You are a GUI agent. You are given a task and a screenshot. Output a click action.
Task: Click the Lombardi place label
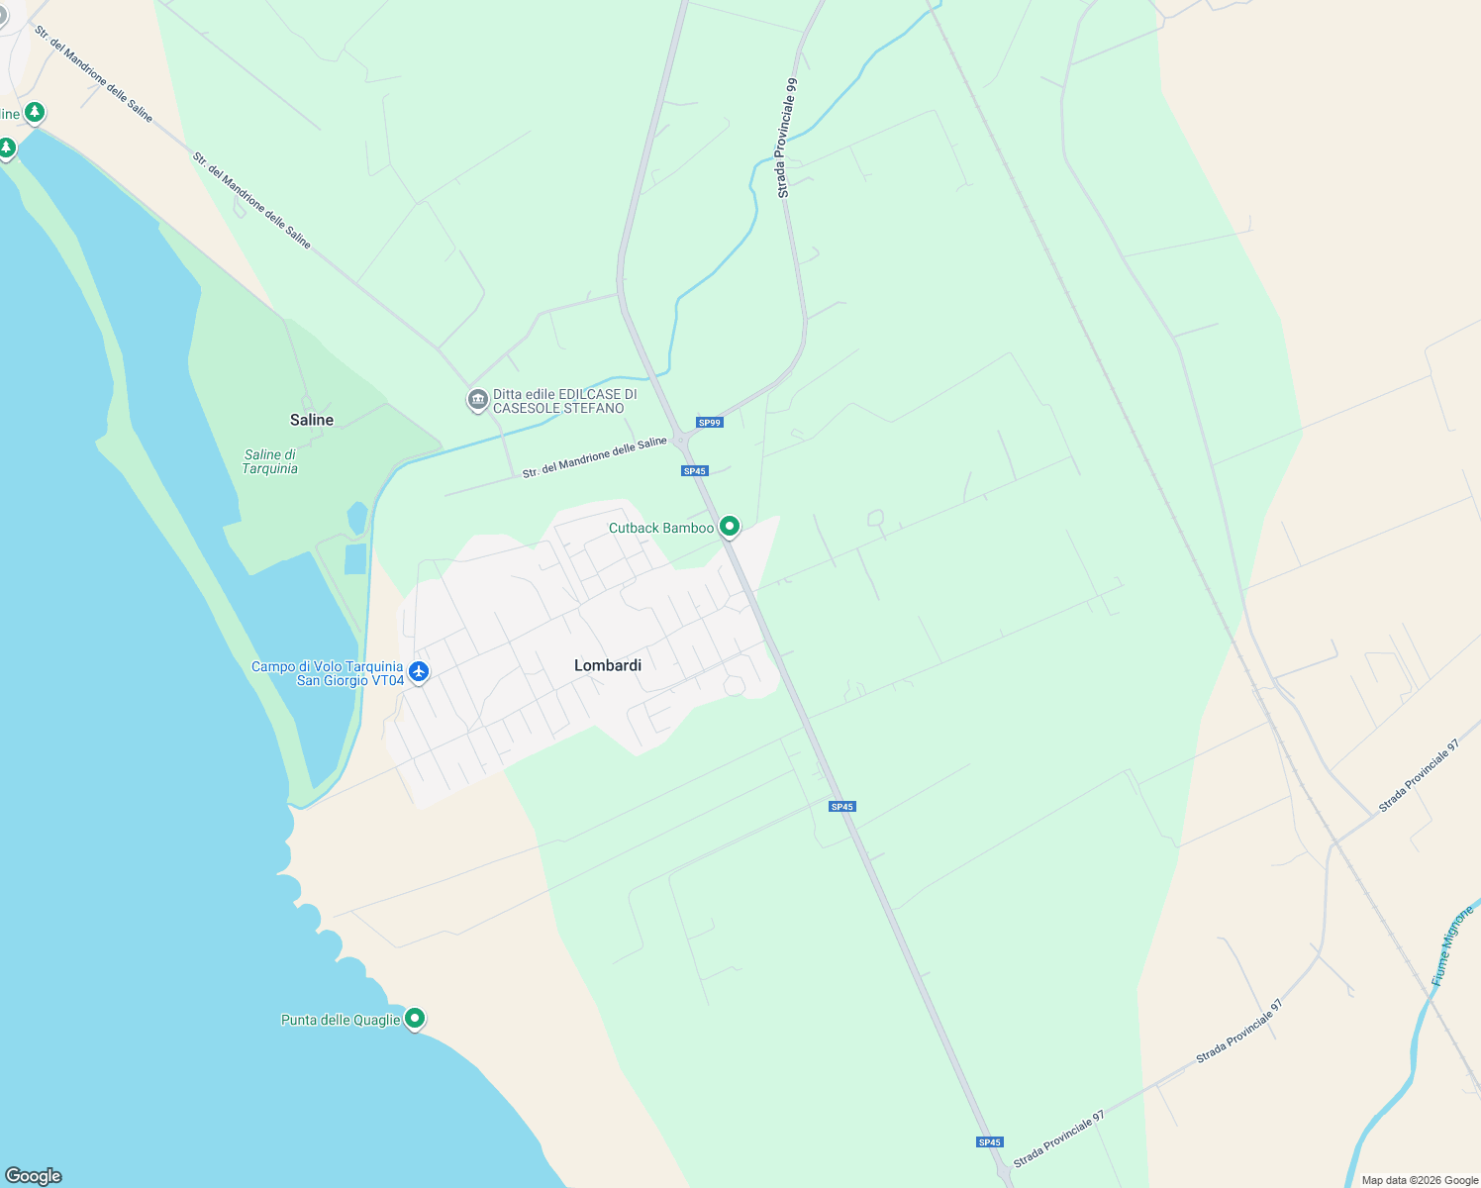coord(608,665)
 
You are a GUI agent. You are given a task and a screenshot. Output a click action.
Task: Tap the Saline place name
coord(312,420)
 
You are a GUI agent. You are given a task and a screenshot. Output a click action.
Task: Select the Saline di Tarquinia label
coord(270,461)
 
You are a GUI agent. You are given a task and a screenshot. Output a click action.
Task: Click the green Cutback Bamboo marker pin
coord(730,526)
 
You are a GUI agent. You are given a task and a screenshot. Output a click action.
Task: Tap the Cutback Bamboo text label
coord(660,528)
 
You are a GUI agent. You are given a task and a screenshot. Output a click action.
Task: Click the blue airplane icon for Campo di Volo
coord(419,671)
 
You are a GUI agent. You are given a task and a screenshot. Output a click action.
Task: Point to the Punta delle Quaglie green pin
coord(415,1018)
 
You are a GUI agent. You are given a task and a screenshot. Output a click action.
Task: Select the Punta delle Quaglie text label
coord(341,1020)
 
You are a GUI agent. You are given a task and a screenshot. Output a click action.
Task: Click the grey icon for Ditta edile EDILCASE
coord(477,400)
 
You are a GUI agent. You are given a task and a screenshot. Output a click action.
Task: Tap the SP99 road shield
coord(710,423)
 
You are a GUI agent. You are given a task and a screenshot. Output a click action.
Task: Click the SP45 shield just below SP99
coord(695,471)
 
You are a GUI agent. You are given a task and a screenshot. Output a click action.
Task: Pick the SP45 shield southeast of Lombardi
coord(842,807)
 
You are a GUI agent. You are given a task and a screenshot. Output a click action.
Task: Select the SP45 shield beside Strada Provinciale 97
coord(990,1142)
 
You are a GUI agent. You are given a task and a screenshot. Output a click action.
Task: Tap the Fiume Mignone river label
coord(1452,945)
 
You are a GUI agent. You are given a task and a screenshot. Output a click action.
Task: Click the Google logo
coord(33,1176)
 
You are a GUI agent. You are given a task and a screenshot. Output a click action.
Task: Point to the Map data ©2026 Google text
coord(1420,1180)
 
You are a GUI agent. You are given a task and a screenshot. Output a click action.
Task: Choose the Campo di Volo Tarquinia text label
coord(328,673)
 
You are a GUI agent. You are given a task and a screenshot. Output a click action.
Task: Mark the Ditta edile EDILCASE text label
coord(564,401)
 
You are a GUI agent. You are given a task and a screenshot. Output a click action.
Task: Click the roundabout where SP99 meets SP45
coord(681,441)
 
